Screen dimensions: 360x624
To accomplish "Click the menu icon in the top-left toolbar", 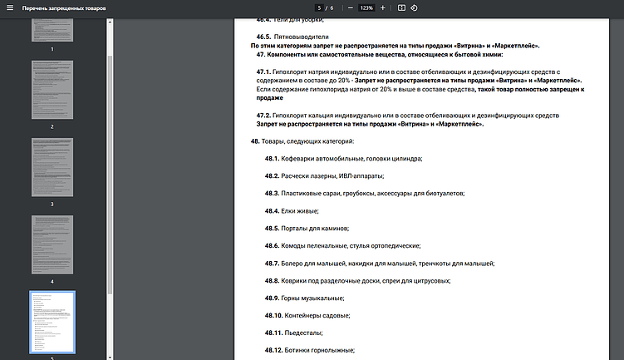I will tap(8, 7).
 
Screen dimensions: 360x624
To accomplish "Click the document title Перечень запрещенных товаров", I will tap(64, 7).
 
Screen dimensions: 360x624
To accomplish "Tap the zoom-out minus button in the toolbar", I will tap(351, 7).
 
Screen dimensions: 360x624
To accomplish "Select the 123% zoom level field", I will tap(366, 7).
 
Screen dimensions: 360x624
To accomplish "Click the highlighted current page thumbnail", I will tap(52, 323).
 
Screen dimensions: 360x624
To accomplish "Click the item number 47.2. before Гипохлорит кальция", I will tap(263, 115).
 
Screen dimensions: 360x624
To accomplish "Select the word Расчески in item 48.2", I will tap(297, 175).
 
